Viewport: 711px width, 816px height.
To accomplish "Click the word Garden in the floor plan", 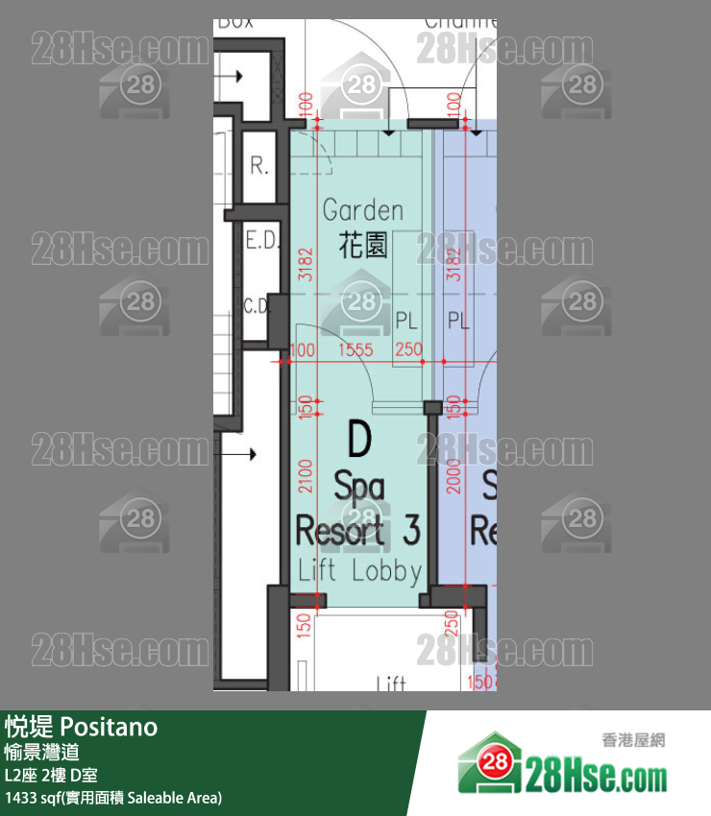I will [362, 210].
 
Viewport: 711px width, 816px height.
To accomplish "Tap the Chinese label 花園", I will [363, 246].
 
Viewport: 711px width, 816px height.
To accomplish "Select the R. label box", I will [259, 166].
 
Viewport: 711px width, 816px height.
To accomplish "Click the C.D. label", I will [256, 306].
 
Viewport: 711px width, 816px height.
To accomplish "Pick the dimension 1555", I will [355, 350].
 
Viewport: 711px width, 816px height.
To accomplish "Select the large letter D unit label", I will [358, 441].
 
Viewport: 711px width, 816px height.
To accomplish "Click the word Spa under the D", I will [358, 487].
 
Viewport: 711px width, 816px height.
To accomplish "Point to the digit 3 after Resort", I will [411, 531].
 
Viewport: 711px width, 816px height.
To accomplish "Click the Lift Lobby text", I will [359, 571].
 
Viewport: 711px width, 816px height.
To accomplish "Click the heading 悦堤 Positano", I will [81, 727].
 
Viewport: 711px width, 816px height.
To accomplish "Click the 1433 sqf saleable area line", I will [113, 797].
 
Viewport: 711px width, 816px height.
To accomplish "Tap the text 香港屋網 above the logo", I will [633, 740].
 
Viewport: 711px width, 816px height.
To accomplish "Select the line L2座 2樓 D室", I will [51, 775].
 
